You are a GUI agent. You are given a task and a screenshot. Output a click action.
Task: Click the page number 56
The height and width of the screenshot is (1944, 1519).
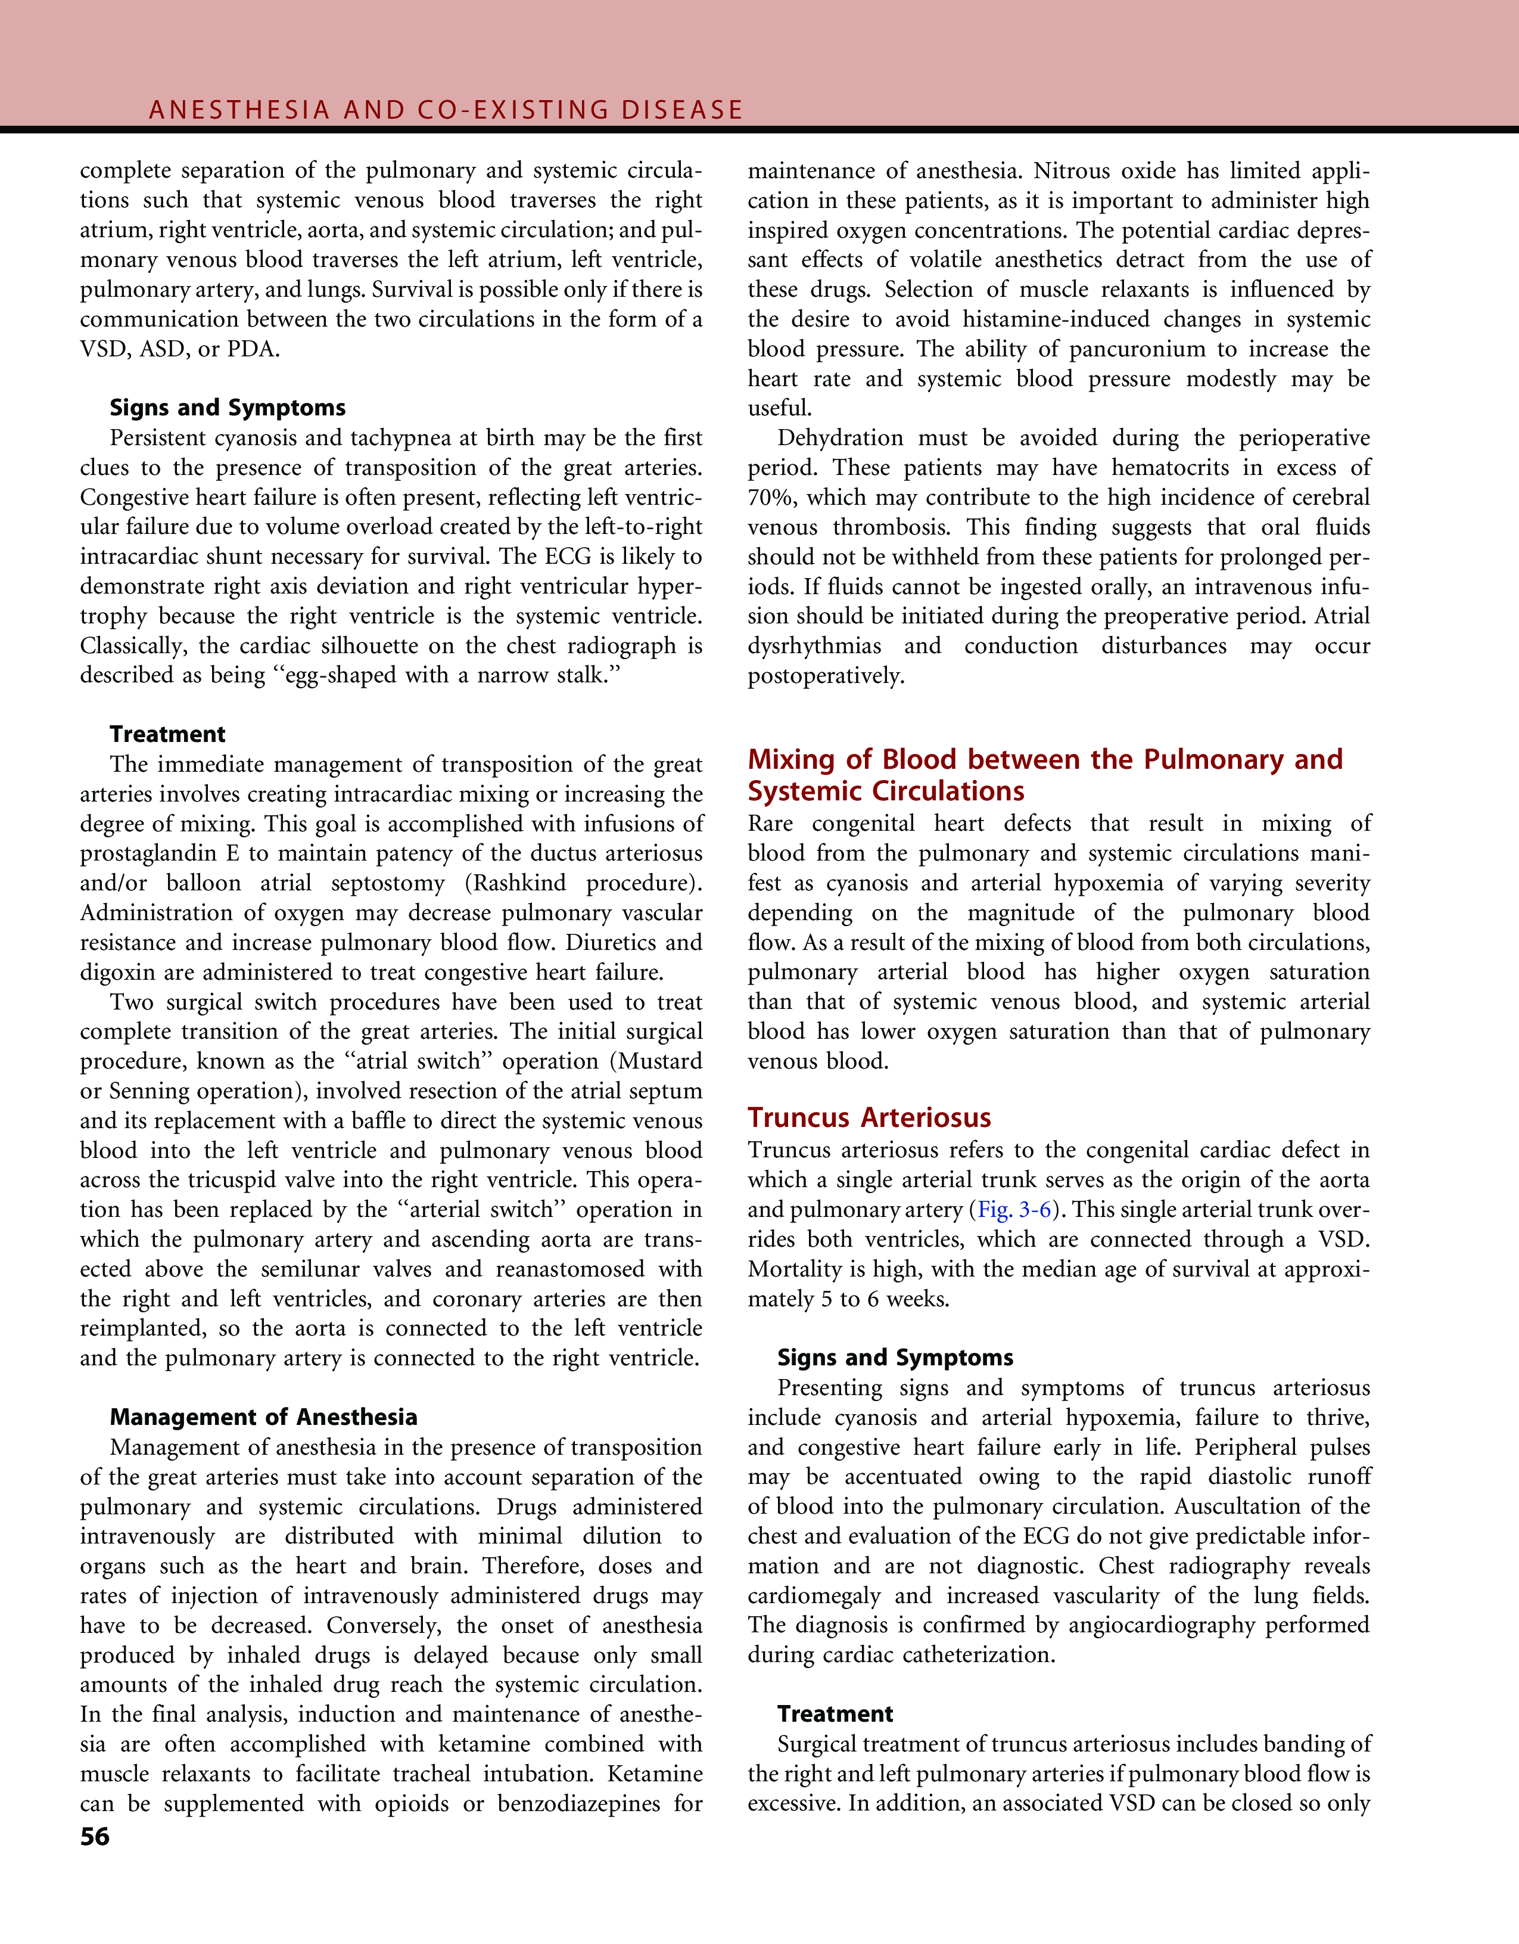pos(94,1837)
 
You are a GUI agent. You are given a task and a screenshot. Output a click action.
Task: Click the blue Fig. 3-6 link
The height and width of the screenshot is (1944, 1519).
pos(1014,1210)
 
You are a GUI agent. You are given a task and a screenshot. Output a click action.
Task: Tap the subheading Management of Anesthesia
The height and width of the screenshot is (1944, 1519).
pos(263,1417)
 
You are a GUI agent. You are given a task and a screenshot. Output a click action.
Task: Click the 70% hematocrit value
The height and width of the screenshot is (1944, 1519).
pos(771,498)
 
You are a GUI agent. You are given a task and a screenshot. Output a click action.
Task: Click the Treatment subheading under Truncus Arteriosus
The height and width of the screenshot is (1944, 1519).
pos(835,1715)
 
